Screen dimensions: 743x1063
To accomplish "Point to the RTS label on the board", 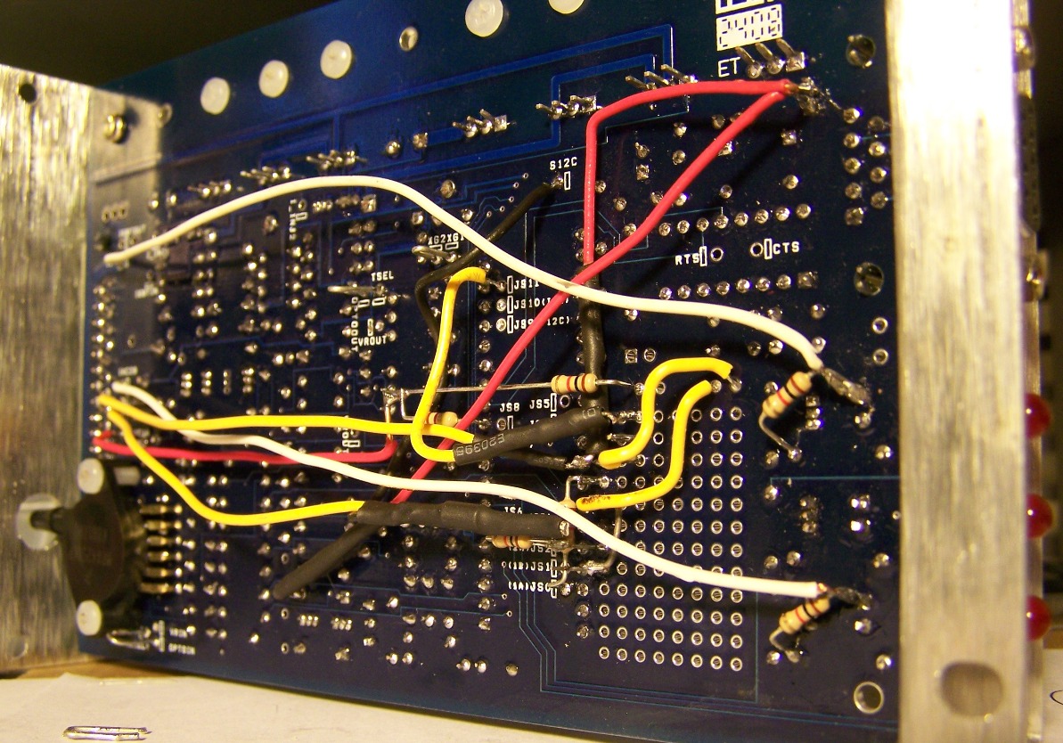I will (x=686, y=259).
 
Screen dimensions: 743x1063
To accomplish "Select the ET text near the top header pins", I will (x=729, y=68).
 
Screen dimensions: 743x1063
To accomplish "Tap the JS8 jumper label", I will (x=510, y=408).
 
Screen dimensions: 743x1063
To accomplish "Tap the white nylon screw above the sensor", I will (x=90, y=475).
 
